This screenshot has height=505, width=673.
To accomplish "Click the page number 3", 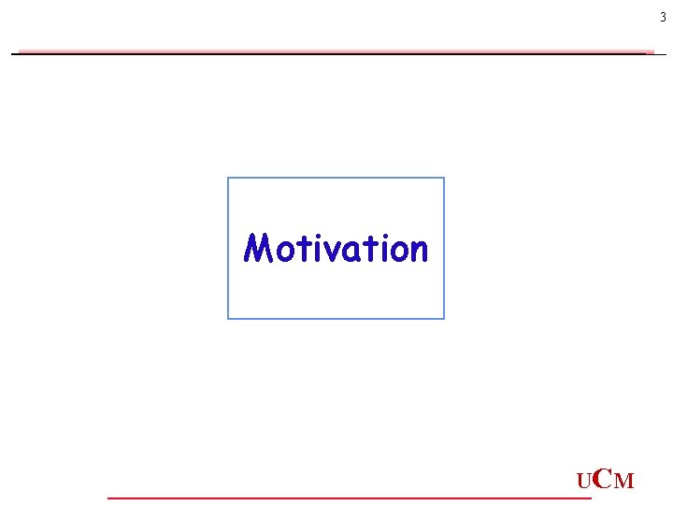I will point(663,17).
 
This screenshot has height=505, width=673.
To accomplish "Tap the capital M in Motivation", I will point(257,249).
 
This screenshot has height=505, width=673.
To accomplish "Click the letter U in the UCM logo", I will point(583,483).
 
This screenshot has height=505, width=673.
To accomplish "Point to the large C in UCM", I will point(602,480).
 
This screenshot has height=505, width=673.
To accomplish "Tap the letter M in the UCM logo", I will point(624,483).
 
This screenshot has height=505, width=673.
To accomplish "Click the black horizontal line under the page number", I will point(336,54).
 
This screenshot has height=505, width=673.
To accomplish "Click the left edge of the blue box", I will point(228,248).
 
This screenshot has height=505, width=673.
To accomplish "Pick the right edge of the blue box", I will point(444,248).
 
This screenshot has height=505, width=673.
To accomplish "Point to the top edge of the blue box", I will point(336,178).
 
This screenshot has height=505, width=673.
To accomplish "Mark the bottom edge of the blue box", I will point(336,319).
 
